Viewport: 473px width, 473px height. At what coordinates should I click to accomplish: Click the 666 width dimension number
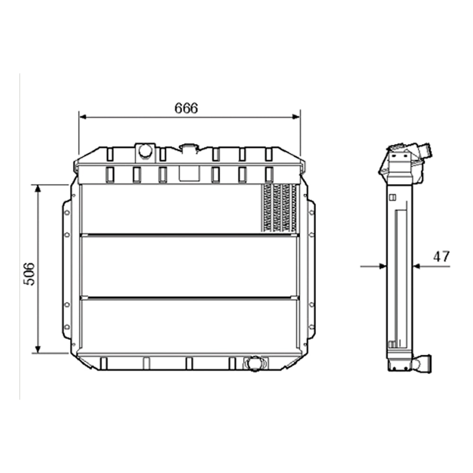(x=186, y=108)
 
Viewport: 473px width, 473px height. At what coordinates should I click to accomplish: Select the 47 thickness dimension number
(x=441, y=257)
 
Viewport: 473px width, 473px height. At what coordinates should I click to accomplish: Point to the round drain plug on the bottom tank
(x=254, y=363)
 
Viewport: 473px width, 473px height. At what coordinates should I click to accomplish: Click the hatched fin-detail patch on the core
(x=280, y=208)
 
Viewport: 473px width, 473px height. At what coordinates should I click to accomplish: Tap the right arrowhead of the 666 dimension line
(x=297, y=116)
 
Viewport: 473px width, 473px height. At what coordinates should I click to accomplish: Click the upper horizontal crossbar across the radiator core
(x=189, y=234)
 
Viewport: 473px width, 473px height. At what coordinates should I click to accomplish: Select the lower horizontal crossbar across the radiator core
(x=189, y=298)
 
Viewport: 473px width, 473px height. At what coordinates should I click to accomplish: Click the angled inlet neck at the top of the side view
(x=427, y=151)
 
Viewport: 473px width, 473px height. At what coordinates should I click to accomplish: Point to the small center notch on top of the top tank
(x=189, y=148)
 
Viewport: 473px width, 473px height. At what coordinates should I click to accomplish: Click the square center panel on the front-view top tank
(x=189, y=174)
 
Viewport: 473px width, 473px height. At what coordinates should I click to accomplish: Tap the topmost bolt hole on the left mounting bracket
(x=67, y=212)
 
